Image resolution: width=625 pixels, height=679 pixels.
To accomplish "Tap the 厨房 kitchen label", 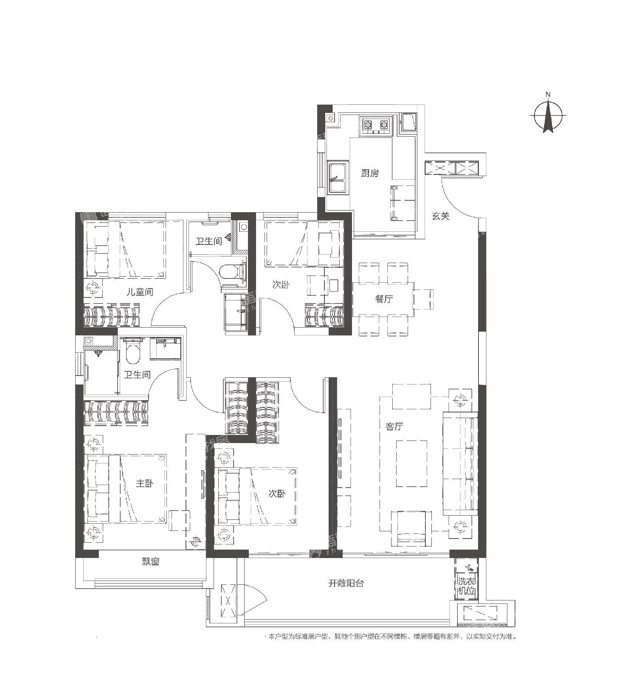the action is coord(369,173).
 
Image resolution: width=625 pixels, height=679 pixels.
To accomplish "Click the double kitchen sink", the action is coord(338,177).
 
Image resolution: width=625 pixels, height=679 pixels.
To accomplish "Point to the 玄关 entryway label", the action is coord(440,216).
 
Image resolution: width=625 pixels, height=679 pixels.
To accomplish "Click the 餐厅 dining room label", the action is coord(384,299).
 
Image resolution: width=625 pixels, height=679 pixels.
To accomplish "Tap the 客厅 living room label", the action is coord(394,426).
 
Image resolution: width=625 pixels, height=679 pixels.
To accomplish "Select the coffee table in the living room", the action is coord(411,463).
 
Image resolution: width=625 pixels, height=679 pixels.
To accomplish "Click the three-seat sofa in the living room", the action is coord(460,463).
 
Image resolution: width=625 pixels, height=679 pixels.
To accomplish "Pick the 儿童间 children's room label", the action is coord(140,292).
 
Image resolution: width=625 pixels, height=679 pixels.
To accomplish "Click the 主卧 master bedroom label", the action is coord(145,483).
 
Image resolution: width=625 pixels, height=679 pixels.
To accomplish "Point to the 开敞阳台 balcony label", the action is coord(346,583).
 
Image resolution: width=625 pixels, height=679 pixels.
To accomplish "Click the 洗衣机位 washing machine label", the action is coord(466,586).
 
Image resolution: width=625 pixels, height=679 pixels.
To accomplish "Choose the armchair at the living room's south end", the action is coord(411,528).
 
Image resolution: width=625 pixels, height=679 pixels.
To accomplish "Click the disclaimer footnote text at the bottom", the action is coord(390,637).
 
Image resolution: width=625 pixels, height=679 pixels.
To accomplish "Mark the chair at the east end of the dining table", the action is coord(423,299).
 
